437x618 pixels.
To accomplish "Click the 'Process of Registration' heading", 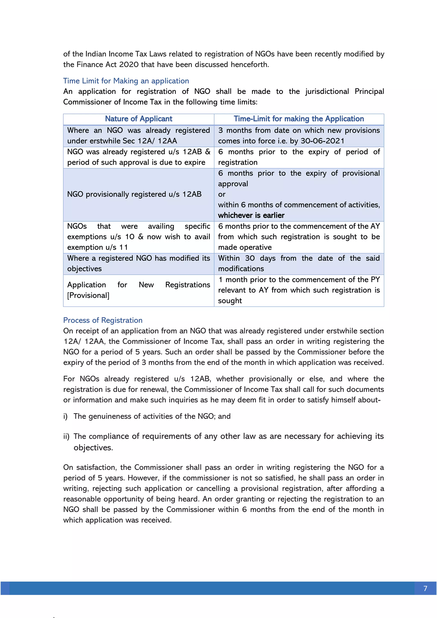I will (x=103, y=320).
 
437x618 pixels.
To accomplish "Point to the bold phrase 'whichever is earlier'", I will (x=251, y=215).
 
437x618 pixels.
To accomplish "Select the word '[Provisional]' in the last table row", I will (x=88, y=295).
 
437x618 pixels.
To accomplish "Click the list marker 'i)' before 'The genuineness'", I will (x=65, y=416).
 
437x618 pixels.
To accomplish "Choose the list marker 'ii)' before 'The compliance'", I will (x=66, y=436).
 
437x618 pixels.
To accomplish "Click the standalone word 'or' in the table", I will (x=222, y=194).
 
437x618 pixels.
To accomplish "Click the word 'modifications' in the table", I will (x=241, y=269).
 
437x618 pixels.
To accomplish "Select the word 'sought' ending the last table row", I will (x=230, y=301).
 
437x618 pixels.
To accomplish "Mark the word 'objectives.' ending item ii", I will (x=93, y=448).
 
